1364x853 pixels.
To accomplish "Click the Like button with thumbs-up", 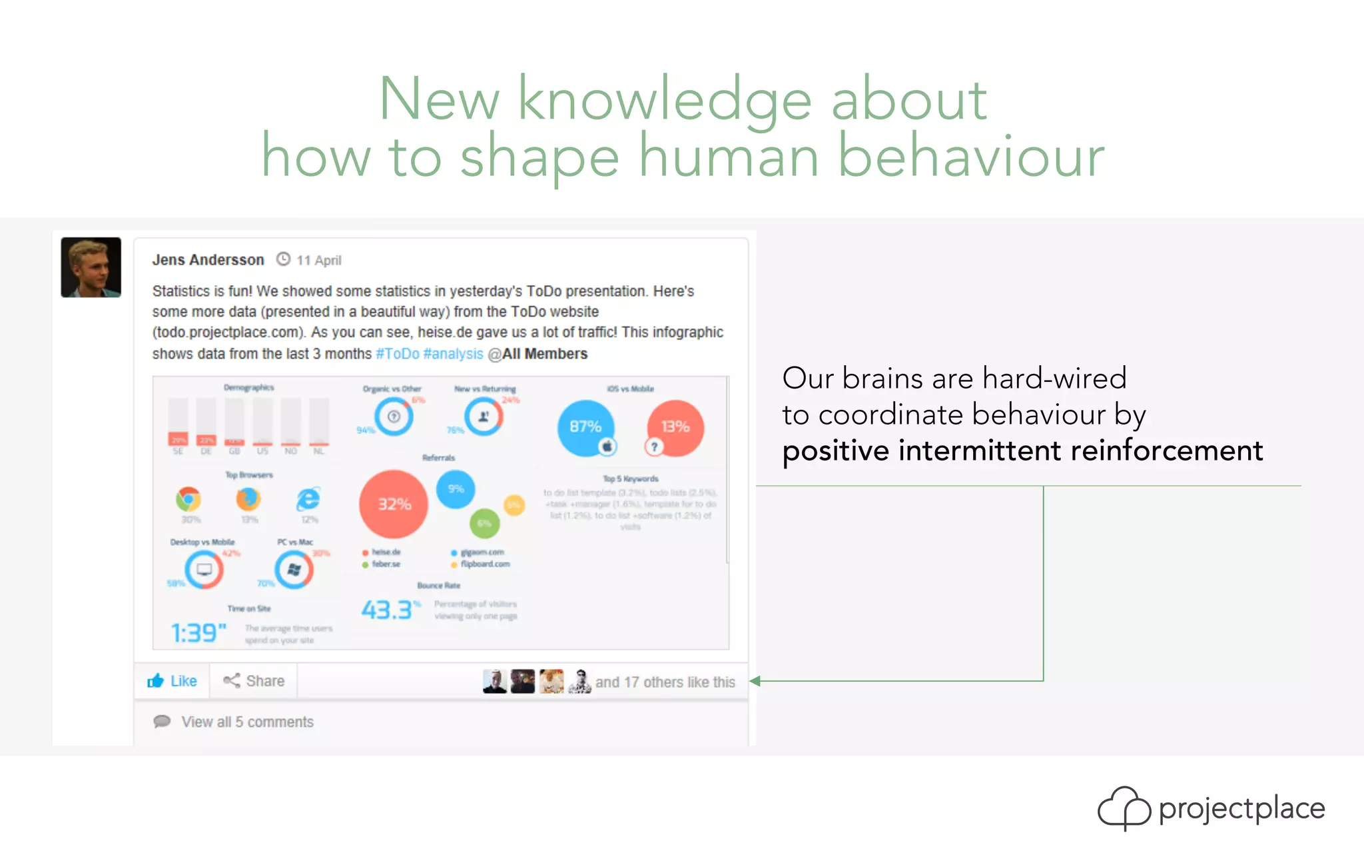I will (172, 681).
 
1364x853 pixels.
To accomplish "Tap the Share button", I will (254, 681).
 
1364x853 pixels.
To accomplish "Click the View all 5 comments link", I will (246, 722).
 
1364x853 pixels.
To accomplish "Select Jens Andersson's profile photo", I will (91, 267).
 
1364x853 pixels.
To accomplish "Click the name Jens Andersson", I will (208, 260).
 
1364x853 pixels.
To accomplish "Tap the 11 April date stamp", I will (318, 261).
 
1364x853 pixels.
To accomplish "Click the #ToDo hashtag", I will (398, 354).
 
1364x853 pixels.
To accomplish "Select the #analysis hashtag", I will (453, 354).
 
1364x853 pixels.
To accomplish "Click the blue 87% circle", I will (585, 427).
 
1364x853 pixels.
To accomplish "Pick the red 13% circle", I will (675, 427).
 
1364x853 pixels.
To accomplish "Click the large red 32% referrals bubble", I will (394, 504).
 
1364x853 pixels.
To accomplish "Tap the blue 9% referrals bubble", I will (456, 489).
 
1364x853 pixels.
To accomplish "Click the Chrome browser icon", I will (188, 499).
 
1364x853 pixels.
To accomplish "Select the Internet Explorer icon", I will (308, 499).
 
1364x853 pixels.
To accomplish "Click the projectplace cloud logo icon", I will (1124, 808).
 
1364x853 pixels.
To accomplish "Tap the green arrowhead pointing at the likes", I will (755, 681).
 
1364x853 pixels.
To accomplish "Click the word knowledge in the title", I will (665, 100).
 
